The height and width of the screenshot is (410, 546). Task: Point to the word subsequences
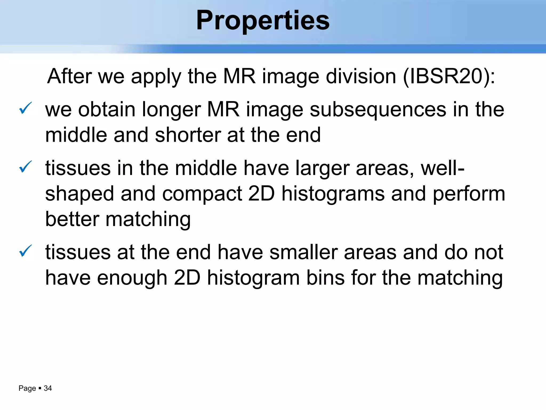point(378,110)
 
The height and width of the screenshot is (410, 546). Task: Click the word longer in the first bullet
point(171,110)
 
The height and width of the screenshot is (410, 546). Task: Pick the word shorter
point(188,135)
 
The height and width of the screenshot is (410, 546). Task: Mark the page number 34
point(48,388)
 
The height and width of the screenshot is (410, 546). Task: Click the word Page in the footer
point(27,388)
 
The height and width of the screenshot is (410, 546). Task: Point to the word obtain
point(107,110)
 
